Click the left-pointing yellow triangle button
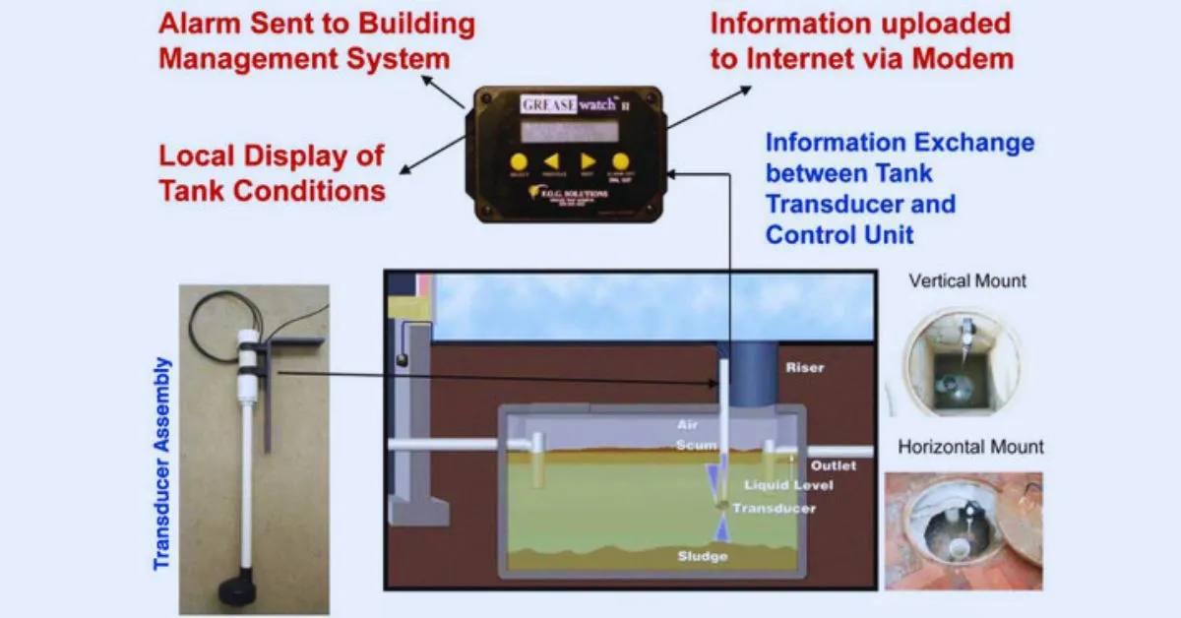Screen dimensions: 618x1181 (x=551, y=161)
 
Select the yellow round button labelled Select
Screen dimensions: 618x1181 (x=518, y=162)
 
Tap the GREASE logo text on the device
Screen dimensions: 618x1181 (x=548, y=103)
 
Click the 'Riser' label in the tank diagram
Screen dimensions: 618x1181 (x=803, y=368)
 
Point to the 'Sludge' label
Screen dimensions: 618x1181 (x=703, y=557)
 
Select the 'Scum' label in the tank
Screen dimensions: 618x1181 (x=695, y=446)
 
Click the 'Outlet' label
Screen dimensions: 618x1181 (x=833, y=465)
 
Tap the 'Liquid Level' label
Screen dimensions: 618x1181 (x=788, y=485)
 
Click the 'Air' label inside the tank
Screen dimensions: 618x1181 (x=686, y=425)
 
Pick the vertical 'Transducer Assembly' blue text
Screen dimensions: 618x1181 (x=162, y=463)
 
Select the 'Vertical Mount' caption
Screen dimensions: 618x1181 (x=967, y=281)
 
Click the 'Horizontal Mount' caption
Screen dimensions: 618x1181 (x=970, y=448)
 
